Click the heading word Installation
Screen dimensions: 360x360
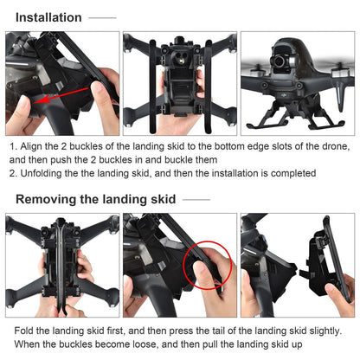(x=49, y=17)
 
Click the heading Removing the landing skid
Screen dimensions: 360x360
(x=96, y=199)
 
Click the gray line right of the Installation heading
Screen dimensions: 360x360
(x=102, y=17)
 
